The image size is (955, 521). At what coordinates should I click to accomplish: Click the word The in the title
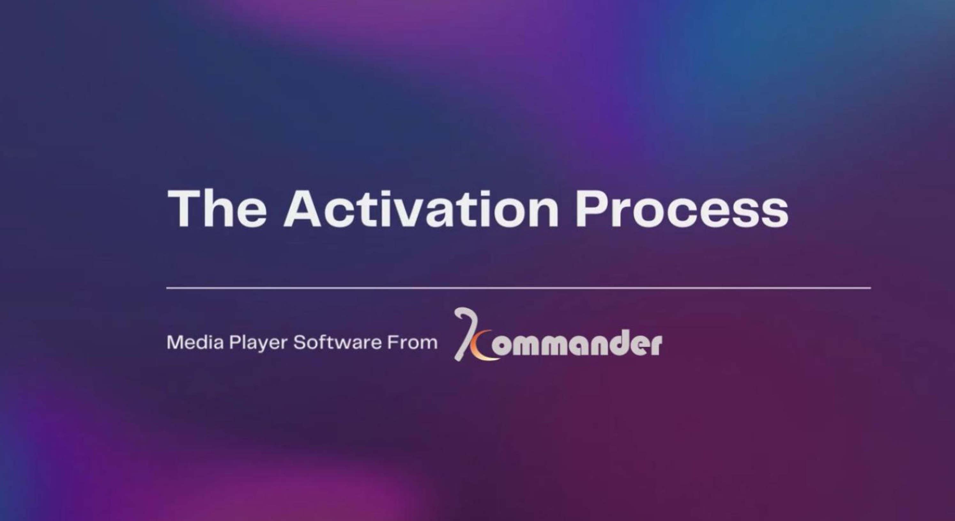217,208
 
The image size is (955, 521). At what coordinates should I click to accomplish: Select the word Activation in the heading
421,208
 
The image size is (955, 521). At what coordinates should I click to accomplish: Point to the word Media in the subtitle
195,342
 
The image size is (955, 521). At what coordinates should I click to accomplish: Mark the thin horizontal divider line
519,288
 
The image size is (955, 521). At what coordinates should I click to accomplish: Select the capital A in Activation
302,208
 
